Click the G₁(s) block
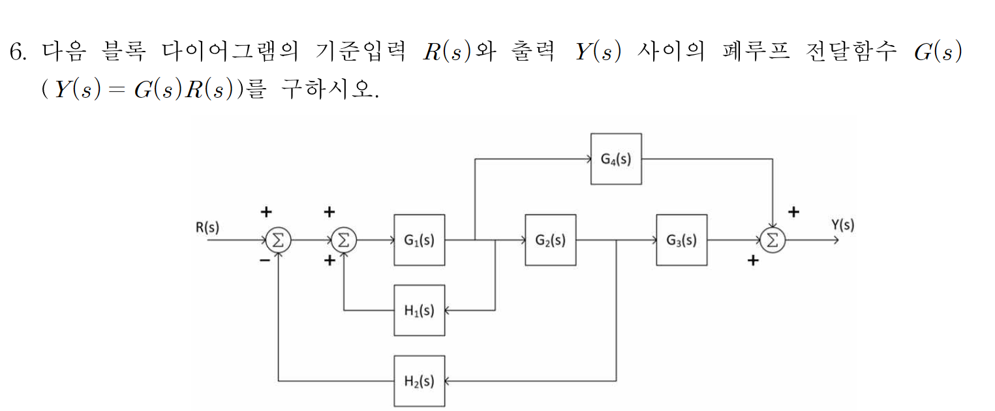tap(420, 240)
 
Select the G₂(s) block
tap(551, 240)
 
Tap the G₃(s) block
tap(682, 240)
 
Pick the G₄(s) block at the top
tap(616, 159)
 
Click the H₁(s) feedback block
tap(420, 311)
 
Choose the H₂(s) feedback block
tap(420, 381)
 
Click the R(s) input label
tap(207, 228)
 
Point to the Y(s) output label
tap(842, 225)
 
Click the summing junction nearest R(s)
tap(278, 241)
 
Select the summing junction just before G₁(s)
tap(343, 241)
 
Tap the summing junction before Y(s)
tap(773, 241)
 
